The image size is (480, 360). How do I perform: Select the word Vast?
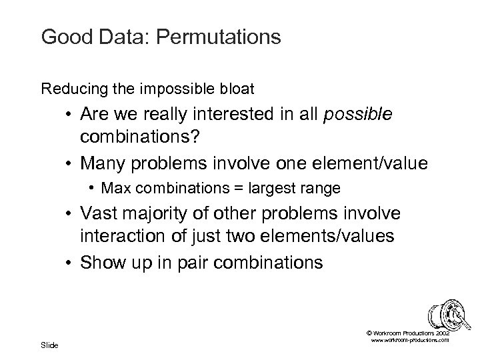100,213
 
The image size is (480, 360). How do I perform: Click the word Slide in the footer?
49,344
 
